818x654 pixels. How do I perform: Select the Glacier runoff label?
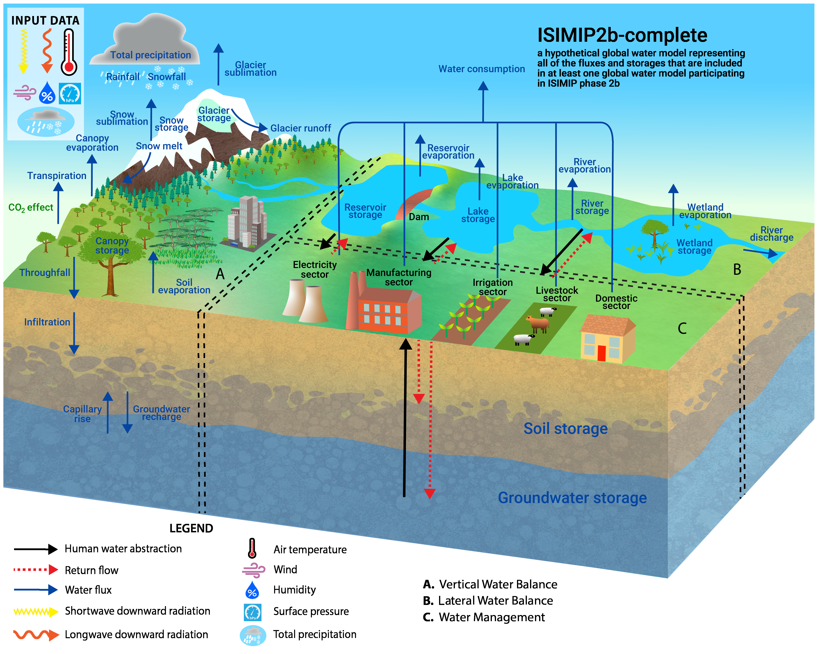300,128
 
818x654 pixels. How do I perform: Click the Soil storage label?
565,428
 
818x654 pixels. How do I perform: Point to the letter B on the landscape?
737,269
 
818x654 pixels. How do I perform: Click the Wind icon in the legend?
253,570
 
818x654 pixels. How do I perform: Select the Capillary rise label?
82,414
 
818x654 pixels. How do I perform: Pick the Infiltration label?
47,322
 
